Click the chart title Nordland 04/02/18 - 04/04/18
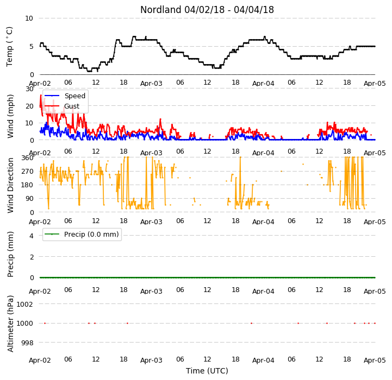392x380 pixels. (x=207, y=10)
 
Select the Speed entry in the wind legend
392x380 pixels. (x=74, y=96)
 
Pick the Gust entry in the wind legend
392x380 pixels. (x=72, y=106)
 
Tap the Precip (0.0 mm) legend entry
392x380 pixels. (x=91, y=234)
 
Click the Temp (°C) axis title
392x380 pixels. (x=9, y=47)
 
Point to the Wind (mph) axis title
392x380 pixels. (x=10, y=116)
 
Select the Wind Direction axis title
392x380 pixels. (x=10, y=185)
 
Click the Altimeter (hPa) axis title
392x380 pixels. (x=10, y=324)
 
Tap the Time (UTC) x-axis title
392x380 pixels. (x=207, y=371)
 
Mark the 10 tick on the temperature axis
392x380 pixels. (x=29, y=18)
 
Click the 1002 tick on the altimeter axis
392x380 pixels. (x=24, y=304)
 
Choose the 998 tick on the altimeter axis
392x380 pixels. (x=27, y=343)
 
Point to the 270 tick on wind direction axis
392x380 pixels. (x=28, y=172)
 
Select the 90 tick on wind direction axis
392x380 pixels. (x=29, y=199)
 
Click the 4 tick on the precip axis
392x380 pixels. (x=31, y=236)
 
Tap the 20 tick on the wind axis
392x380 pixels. (x=29, y=106)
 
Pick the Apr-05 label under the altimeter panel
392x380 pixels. (x=375, y=360)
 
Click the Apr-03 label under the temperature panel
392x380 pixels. (x=151, y=84)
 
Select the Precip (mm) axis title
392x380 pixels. (x=10, y=254)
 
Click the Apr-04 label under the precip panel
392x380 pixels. (x=263, y=292)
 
